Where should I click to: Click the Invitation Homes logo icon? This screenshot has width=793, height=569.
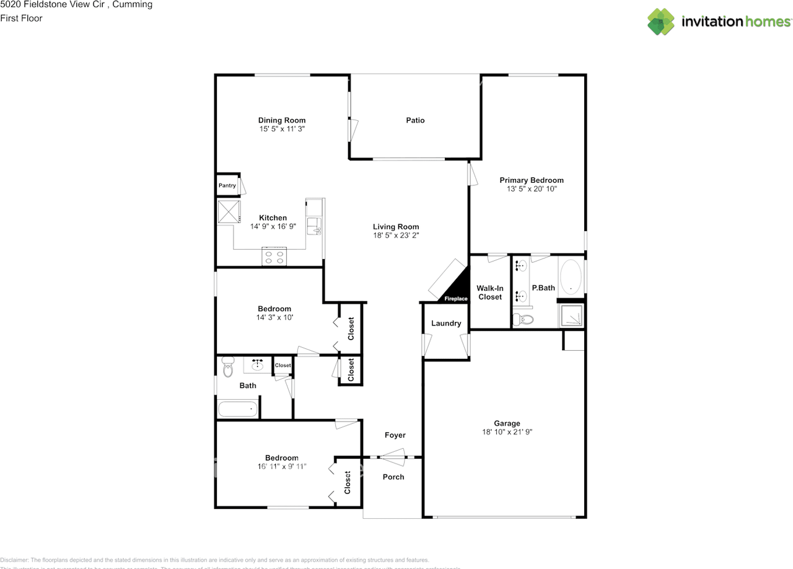(x=661, y=22)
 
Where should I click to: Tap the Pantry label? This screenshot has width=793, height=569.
(x=227, y=185)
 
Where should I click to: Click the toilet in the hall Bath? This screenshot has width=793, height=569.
(x=227, y=368)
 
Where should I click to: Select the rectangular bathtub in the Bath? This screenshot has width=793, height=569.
(x=238, y=409)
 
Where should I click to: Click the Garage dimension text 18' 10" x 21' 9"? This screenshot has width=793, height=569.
(x=507, y=432)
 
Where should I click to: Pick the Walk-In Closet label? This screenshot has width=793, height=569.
(x=489, y=293)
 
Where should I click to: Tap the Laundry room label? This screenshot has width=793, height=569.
(x=446, y=323)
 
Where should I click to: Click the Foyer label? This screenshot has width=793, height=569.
(x=395, y=435)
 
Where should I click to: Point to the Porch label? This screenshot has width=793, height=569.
(x=393, y=477)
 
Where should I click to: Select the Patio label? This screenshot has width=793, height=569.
(x=415, y=120)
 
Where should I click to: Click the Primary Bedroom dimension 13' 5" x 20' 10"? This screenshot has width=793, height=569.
(x=532, y=189)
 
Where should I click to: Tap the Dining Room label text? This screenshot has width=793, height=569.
(x=282, y=120)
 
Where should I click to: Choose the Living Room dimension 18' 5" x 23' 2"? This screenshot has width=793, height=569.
(x=396, y=236)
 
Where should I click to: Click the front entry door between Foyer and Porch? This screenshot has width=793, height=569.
(x=392, y=458)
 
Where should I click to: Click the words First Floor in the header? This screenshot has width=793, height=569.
(x=22, y=18)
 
